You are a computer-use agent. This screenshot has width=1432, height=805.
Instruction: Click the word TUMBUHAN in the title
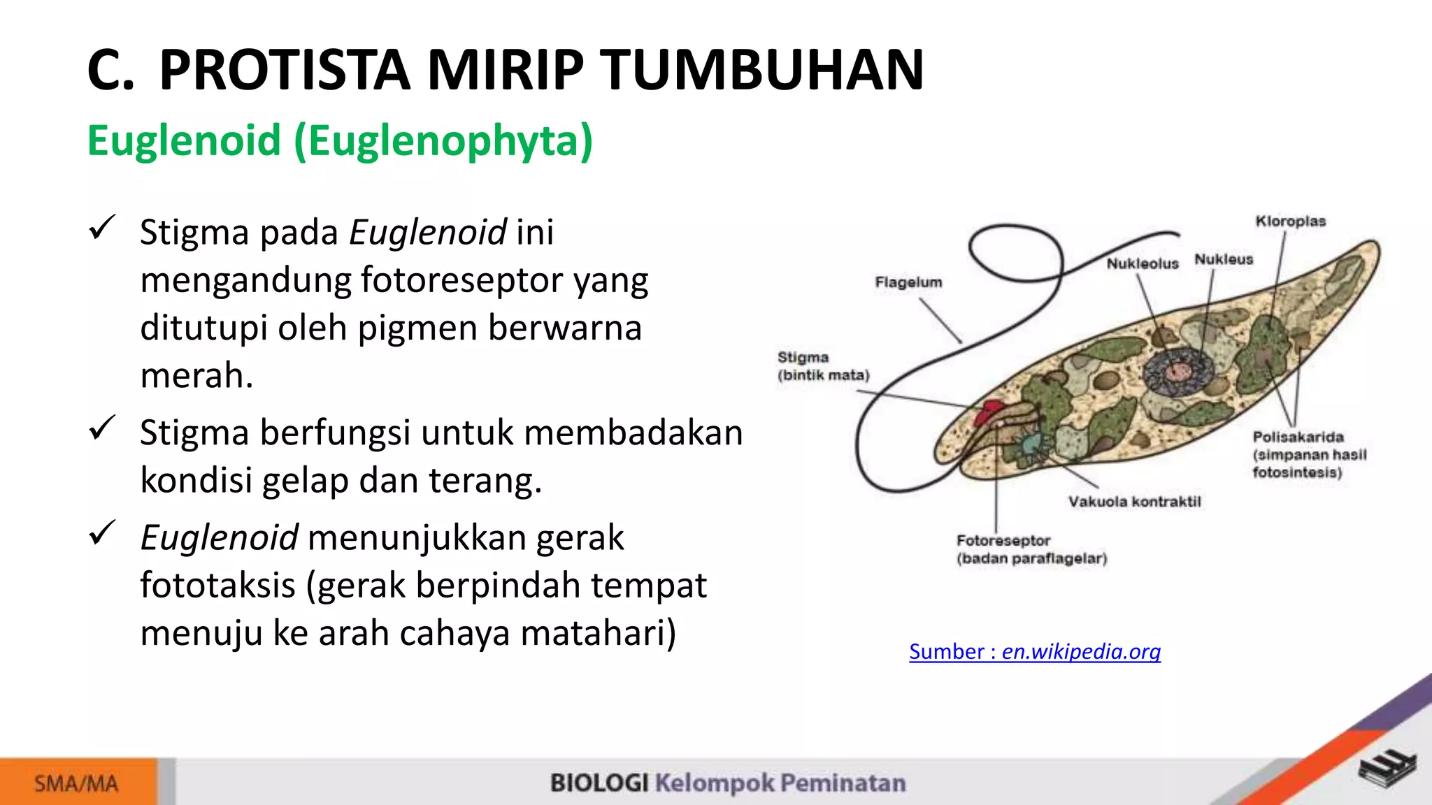[x=764, y=70]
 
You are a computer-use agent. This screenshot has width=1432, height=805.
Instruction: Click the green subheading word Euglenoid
[x=184, y=140]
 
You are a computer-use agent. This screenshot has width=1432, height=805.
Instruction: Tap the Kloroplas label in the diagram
[x=1290, y=222]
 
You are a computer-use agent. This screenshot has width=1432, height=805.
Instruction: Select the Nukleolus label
[x=1142, y=263]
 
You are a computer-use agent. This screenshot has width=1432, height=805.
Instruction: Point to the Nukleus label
[x=1223, y=259]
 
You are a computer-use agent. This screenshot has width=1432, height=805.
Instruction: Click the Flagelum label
[x=908, y=282]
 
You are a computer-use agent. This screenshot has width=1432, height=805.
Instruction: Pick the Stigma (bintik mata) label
[x=822, y=366]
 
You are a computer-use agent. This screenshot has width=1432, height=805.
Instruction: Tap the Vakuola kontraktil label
[x=1133, y=502]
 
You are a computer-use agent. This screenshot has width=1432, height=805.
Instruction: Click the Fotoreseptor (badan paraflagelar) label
[x=1031, y=549]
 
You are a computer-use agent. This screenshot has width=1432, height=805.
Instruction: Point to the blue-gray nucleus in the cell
[x=1178, y=371]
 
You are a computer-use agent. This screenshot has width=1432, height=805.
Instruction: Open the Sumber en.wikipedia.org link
[x=1034, y=651]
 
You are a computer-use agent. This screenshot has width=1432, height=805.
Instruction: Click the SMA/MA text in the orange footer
[x=76, y=783]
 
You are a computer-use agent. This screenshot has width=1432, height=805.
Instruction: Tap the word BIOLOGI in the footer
[x=599, y=783]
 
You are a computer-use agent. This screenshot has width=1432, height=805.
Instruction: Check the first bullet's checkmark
[x=102, y=228]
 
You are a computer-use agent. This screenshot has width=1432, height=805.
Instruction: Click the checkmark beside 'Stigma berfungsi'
[x=102, y=428]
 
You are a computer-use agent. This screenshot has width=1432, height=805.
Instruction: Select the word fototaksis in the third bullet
[x=217, y=585]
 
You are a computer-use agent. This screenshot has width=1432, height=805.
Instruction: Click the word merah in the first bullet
[x=196, y=376]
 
